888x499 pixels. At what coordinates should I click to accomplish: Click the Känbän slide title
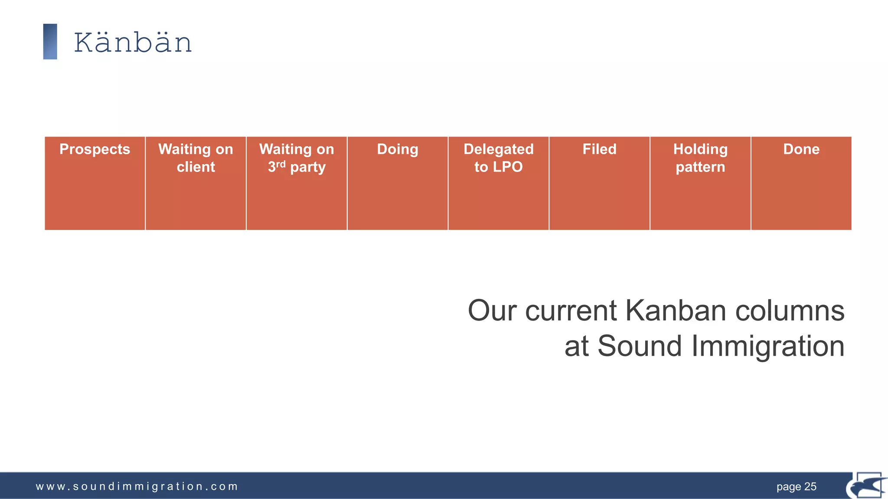133,42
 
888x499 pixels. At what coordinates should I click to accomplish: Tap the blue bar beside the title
50,42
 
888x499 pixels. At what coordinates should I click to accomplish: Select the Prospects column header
95,149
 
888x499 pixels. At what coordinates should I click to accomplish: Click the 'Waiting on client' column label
196,158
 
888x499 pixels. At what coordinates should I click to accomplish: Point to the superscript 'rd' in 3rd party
281,164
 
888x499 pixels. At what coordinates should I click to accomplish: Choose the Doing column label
398,149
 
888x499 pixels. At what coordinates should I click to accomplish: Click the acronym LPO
508,167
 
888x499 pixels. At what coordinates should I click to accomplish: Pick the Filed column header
599,149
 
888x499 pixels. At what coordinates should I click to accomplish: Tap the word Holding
700,149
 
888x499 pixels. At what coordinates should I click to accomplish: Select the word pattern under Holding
700,167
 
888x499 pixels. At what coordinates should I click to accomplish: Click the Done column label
801,149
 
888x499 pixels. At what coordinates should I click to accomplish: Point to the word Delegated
499,149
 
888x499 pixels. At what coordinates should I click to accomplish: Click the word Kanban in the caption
676,311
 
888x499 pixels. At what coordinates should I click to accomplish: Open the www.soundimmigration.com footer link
137,486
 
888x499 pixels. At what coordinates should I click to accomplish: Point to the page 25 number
796,486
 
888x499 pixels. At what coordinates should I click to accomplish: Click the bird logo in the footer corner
867,486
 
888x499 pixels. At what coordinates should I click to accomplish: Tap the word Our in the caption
492,311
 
